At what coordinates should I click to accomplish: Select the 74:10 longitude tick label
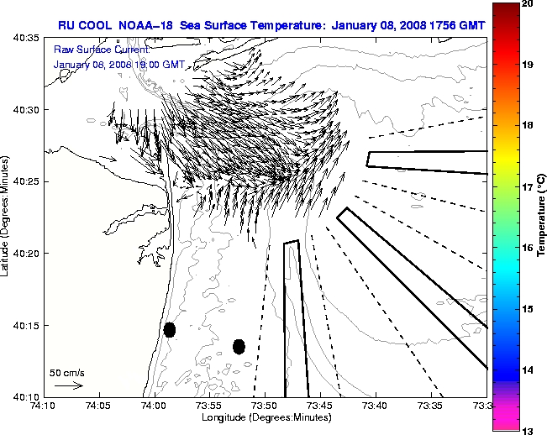[x=44, y=406]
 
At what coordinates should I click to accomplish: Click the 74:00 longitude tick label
[x=154, y=406]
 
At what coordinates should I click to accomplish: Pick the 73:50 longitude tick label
[x=265, y=406]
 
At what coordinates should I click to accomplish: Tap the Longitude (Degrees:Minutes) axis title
[x=265, y=417]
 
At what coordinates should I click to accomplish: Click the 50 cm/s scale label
[x=67, y=372]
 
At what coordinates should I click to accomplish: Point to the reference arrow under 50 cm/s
[x=69, y=385]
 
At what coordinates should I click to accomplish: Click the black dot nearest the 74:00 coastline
[x=170, y=329]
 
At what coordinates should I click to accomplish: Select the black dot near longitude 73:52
[x=239, y=346]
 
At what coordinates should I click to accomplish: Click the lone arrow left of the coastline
[x=108, y=158]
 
